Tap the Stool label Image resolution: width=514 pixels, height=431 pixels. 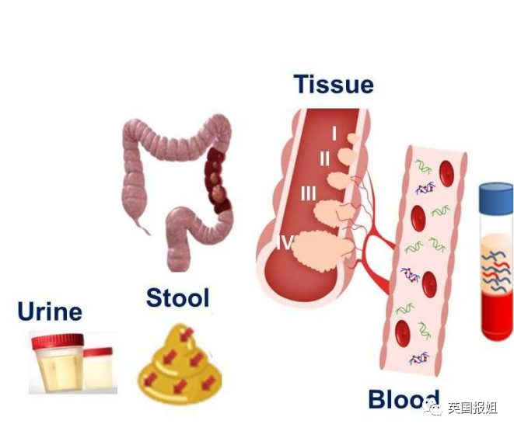coord(178,297)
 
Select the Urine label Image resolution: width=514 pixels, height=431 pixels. coord(50,312)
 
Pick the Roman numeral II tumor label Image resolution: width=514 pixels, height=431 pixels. coord(325,158)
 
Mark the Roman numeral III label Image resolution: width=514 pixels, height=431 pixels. coord(309,193)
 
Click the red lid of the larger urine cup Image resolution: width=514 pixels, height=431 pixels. coord(56,340)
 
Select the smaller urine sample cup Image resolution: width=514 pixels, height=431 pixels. coord(97,368)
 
